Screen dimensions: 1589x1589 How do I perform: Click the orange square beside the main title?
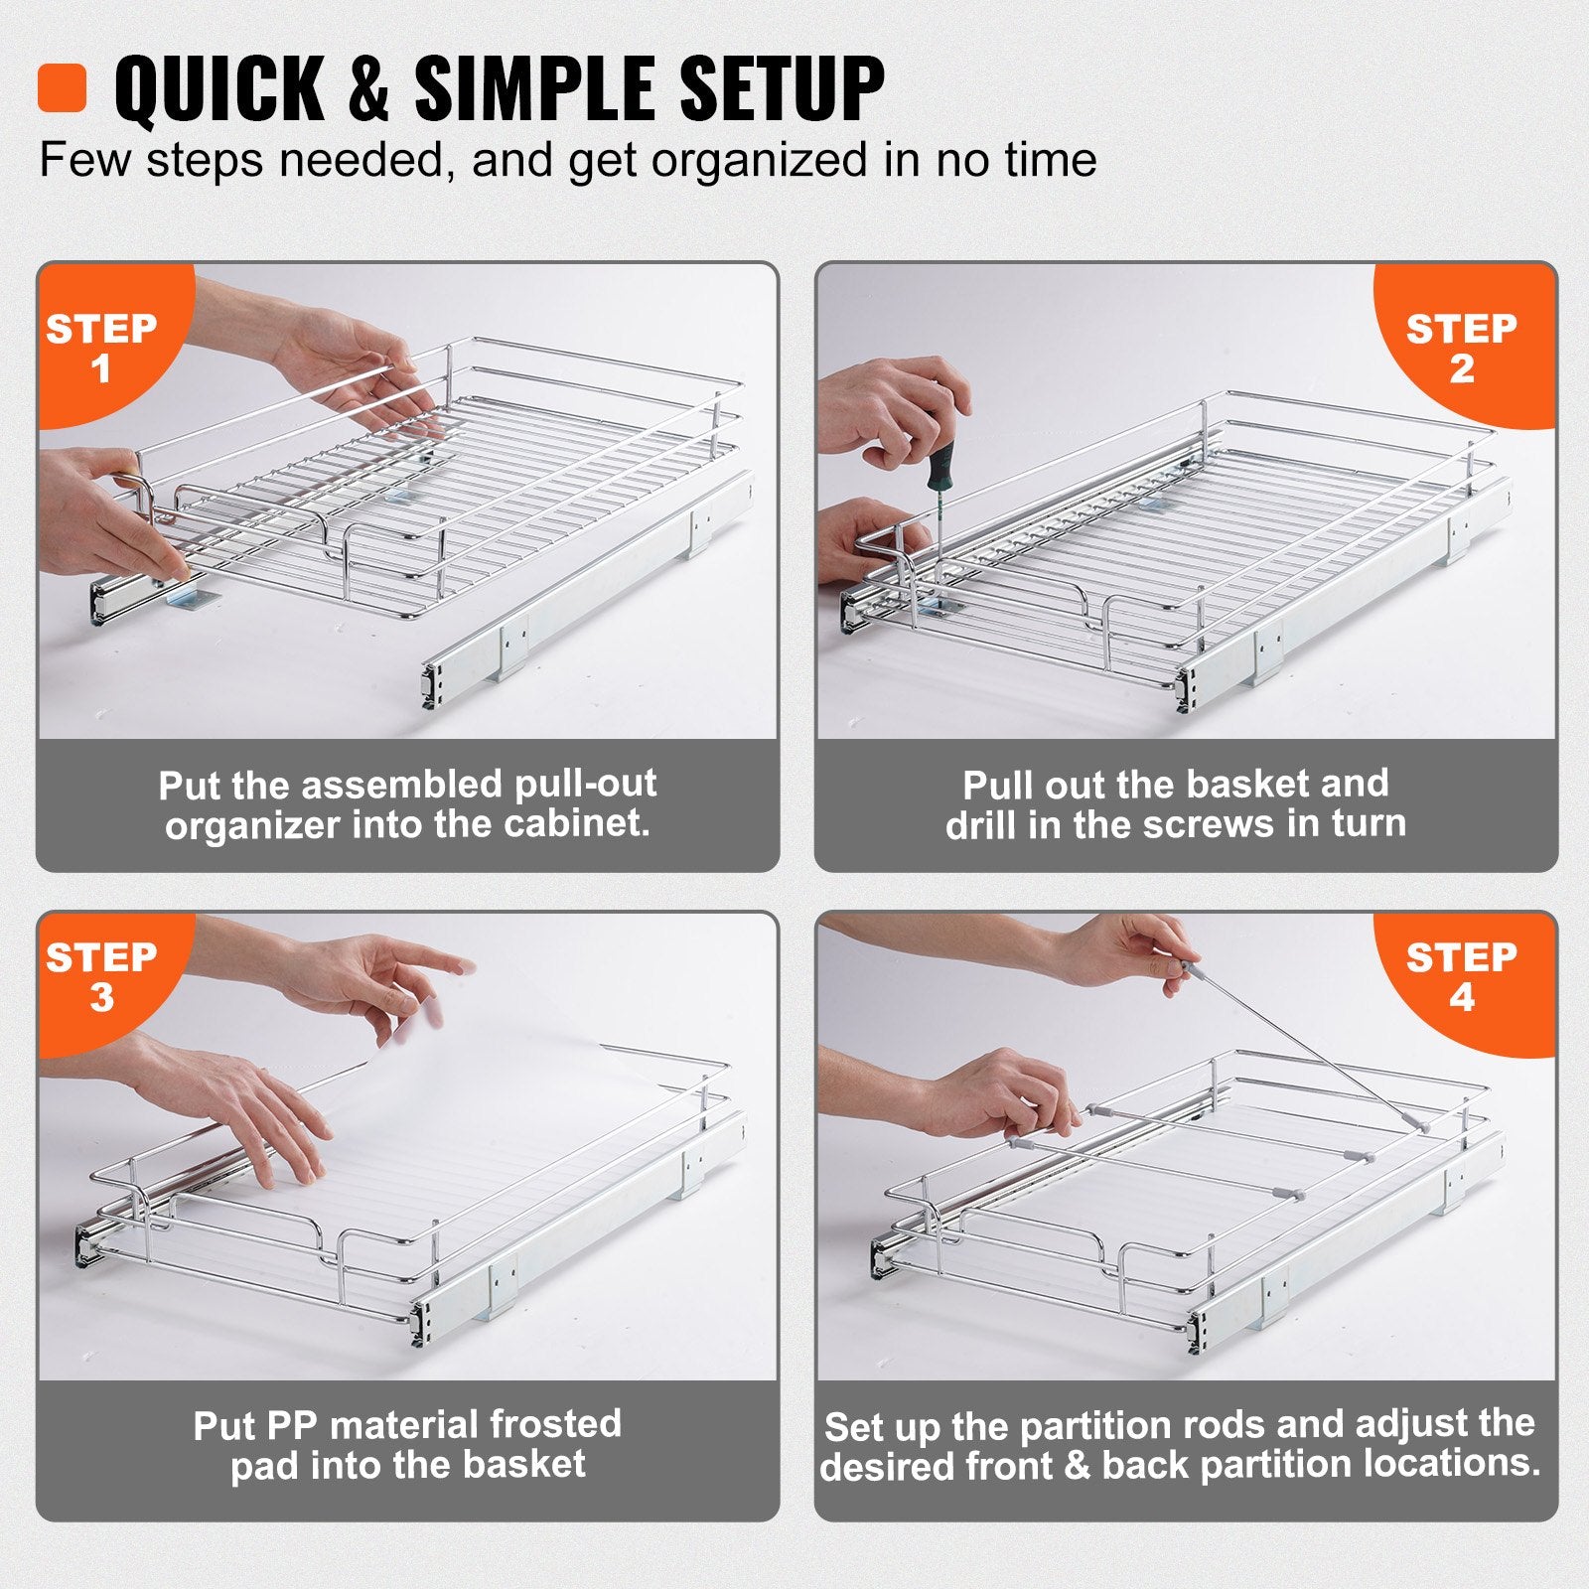[x=62, y=87]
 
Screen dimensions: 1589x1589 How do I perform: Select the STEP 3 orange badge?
[x=101, y=975]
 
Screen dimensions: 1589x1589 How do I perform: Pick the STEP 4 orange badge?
[x=1461, y=975]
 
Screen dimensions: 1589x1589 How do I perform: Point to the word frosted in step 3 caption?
[x=554, y=1424]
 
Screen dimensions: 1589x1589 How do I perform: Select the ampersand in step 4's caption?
[x=1078, y=1466]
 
